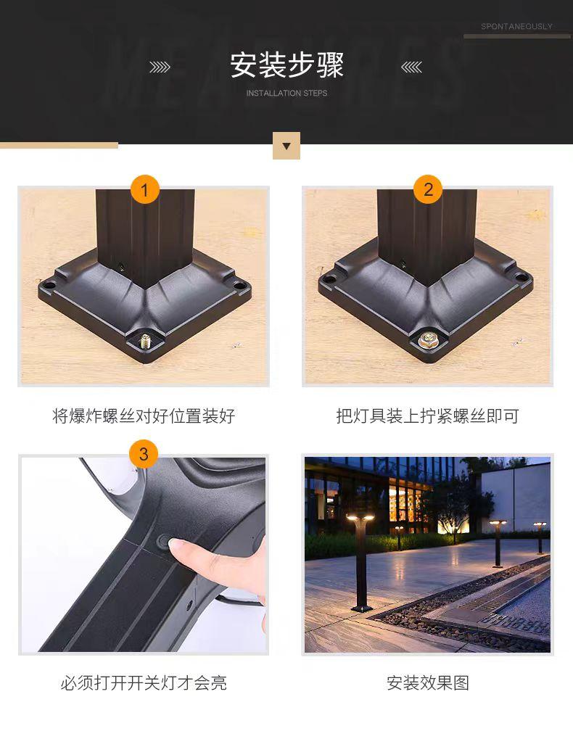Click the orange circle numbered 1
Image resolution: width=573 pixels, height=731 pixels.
pyautogui.click(x=144, y=189)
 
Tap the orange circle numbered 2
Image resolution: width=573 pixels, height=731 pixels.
pyautogui.click(x=428, y=189)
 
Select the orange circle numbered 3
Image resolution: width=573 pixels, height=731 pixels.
pyautogui.click(x=144, y=454)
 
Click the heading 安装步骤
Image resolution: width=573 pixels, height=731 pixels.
pyautogui.click(x=286, y=65)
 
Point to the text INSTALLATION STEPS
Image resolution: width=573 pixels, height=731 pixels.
pyautogui.click(x=286, y=94)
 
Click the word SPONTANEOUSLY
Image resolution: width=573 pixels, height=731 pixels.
pyautogui.click(x=516, y=27)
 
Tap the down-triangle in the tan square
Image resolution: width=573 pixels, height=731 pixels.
pyautogui.click(x=286, y=146)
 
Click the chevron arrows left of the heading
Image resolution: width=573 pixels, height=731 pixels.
pyautogui.click(x=160, y=67)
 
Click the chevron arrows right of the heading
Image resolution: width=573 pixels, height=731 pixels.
pyautogui.click(x=411, y=67)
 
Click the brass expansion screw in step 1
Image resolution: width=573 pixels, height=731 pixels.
pyautogui.click(x=146, y=341)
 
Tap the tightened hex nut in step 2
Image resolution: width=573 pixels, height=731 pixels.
pyautogui.click(x=426, y=340)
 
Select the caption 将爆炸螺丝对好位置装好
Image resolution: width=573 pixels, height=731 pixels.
pyautogui.click(x=144, y=416)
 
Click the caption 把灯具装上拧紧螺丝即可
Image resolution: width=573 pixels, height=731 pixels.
pyautogui.click(x=427, y=416)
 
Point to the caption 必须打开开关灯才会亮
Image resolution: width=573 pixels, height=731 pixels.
pyautogui.click(x=144, y=683)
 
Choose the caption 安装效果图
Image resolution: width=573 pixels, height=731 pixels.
pyautogui.click(x=427, y=683)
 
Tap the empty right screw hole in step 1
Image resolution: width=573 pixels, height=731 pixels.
pyautogui.click(x=239, y=285)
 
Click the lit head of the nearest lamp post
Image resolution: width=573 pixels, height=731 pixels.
pyautogui.click(x=360, y=518)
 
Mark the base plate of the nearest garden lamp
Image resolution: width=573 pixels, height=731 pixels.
pyautogui.click(x=362, y=608)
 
